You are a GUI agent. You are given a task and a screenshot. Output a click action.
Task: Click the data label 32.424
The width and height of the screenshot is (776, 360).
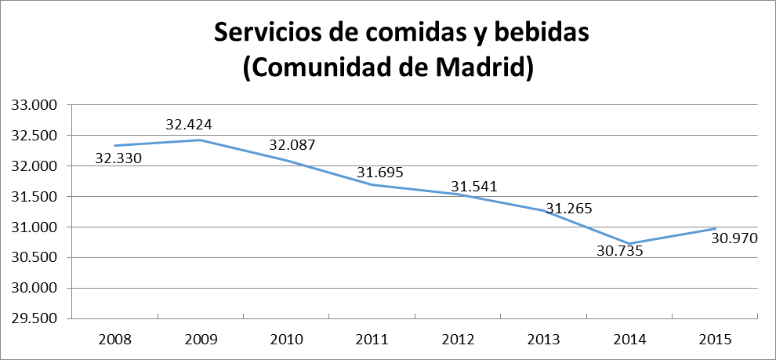(189, 124)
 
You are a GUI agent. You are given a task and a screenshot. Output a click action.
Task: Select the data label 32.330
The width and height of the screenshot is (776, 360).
(118, 158)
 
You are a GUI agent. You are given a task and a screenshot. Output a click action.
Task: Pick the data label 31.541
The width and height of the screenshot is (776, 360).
(474, 187)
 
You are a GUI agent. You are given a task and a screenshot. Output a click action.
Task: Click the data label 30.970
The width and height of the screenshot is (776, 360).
(734, 238)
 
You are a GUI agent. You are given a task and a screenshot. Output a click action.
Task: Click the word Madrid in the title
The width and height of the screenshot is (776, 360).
(478, 67)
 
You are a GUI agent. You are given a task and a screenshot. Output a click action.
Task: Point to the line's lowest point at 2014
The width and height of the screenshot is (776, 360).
(629, 243)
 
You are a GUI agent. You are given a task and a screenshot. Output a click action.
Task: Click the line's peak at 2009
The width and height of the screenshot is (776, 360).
(201, 140)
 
